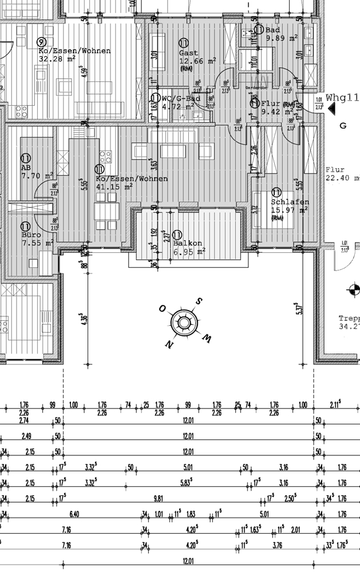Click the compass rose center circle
[184, 323]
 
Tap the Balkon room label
[185, 243]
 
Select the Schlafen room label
[290, 202]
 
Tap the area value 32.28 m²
[57, 58]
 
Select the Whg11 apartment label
[342, 98]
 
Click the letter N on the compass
[169, 344]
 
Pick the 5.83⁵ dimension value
[188, 483]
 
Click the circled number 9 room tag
[41, 42]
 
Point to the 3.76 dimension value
[277, 545]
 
